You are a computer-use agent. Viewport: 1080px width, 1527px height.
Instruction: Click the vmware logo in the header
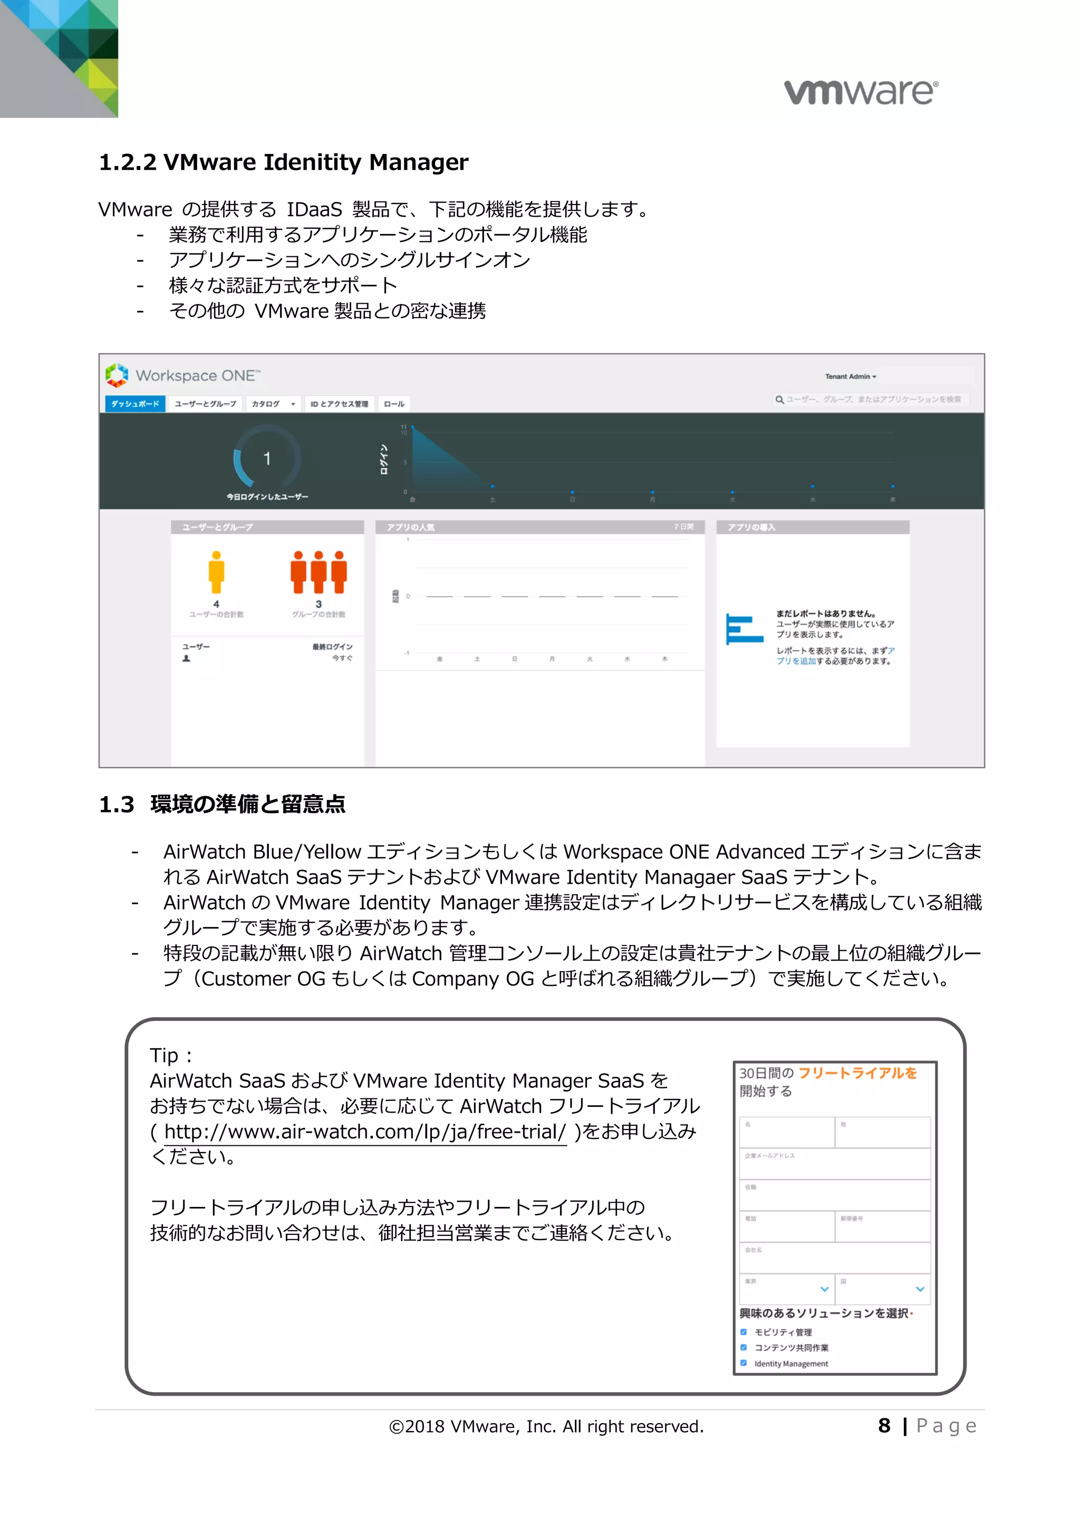pos(861,92)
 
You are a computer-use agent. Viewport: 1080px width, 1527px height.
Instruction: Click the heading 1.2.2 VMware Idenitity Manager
pos(283,162)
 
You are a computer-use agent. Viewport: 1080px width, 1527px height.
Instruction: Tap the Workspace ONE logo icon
pos(117,375)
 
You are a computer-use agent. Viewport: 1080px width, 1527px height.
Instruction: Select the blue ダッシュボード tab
pos(135,404)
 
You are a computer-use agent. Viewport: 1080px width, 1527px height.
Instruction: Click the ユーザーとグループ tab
pos(206,404)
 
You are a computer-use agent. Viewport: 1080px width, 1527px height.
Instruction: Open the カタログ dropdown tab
pos(273,404)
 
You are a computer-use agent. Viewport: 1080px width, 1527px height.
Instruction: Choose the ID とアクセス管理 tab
pos(339,404)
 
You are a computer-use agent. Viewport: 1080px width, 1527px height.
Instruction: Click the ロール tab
pos(394,404)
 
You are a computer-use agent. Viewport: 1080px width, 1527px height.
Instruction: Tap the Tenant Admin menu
pos(851,376)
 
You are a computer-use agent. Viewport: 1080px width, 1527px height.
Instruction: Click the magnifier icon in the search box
pos(779,400)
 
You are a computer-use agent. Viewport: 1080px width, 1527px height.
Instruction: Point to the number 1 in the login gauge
pos(267,458)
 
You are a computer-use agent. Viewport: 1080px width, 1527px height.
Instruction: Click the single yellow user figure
pos(216,572)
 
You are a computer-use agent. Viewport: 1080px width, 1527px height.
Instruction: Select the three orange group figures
pos(319,572)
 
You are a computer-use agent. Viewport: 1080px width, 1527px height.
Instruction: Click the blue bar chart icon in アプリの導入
pos(744,629)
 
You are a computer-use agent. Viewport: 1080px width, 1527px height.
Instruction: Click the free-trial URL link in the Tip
pos(365,1132)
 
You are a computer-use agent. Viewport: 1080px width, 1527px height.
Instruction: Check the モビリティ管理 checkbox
pos(744,1332)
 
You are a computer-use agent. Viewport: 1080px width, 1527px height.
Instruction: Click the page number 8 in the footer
pos(884,1426)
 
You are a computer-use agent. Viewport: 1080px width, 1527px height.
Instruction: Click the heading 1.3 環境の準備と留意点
pos(222,805)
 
